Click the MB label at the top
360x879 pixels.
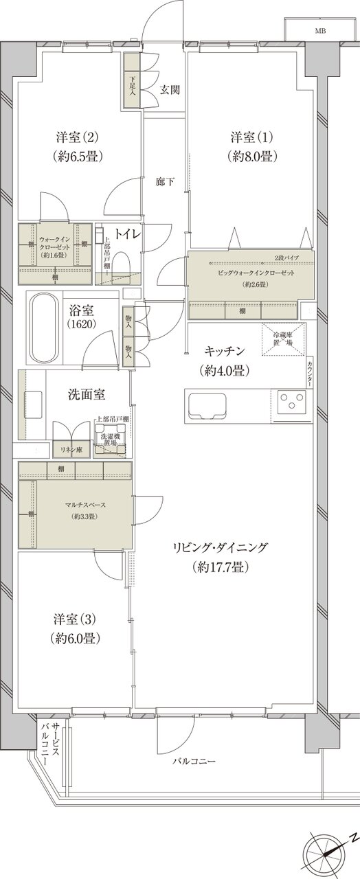point(320,31)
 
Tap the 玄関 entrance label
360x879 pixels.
point(170,89)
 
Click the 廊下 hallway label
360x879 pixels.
point(165,182)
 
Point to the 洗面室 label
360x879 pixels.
point(86,395)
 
